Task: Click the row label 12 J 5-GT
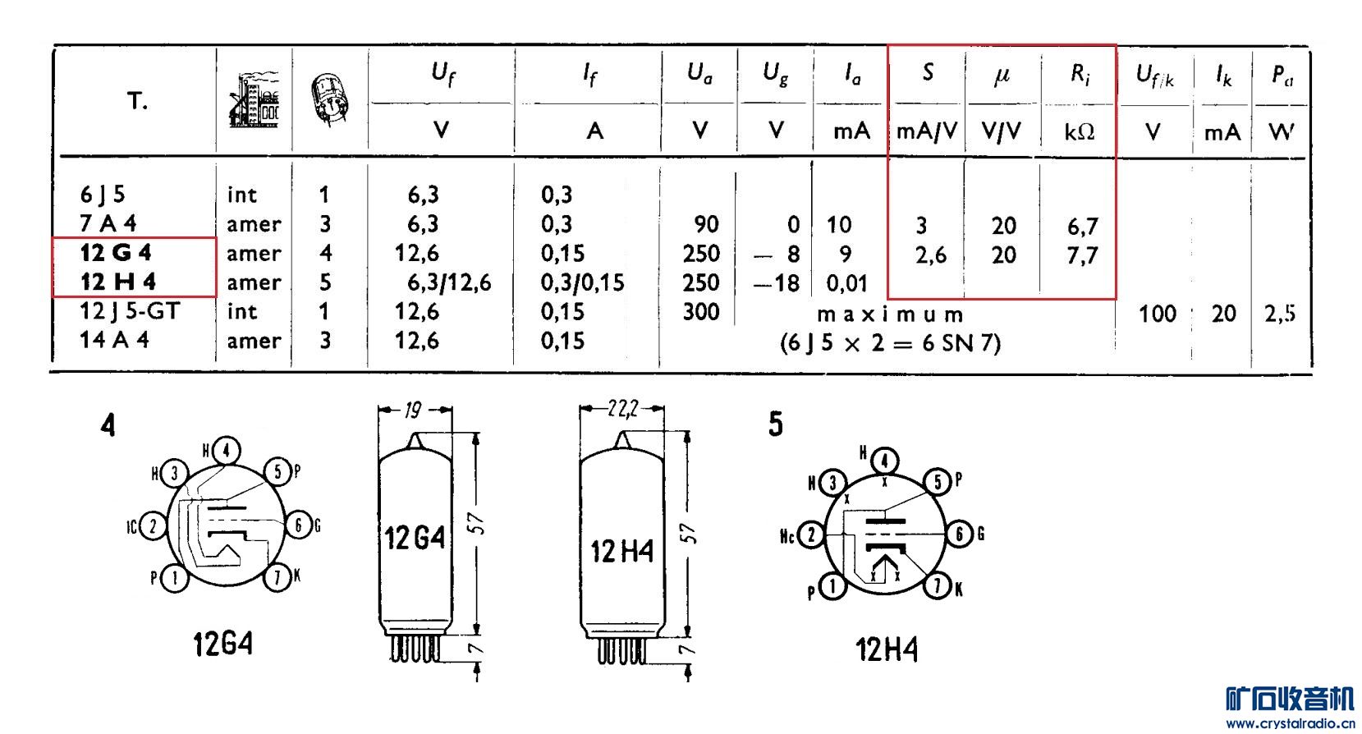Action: coord(130,311)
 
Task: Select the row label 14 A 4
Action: coord(114,340)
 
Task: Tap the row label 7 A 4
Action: coord(108,224)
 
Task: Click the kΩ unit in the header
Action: coord(1080,131)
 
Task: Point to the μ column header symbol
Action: coord(1002,76)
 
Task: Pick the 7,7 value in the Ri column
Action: coord(1082,255)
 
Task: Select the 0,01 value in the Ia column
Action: coord(847,283)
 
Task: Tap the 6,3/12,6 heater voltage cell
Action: coord(449,282)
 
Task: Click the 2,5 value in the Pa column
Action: coord(1280,314)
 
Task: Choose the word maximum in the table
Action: coord(890,315)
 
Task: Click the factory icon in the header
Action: coord(255,99)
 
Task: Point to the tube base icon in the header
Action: coord(329,99)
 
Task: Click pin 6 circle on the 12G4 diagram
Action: coord(298,525)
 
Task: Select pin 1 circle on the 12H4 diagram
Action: coord(832,587)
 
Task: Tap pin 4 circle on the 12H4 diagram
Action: coord(884,461)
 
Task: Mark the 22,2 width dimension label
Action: coord(622,409)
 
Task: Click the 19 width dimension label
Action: coord(413,411)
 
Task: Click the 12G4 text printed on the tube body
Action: coord(415,539)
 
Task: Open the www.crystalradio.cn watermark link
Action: coord(1290,723)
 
